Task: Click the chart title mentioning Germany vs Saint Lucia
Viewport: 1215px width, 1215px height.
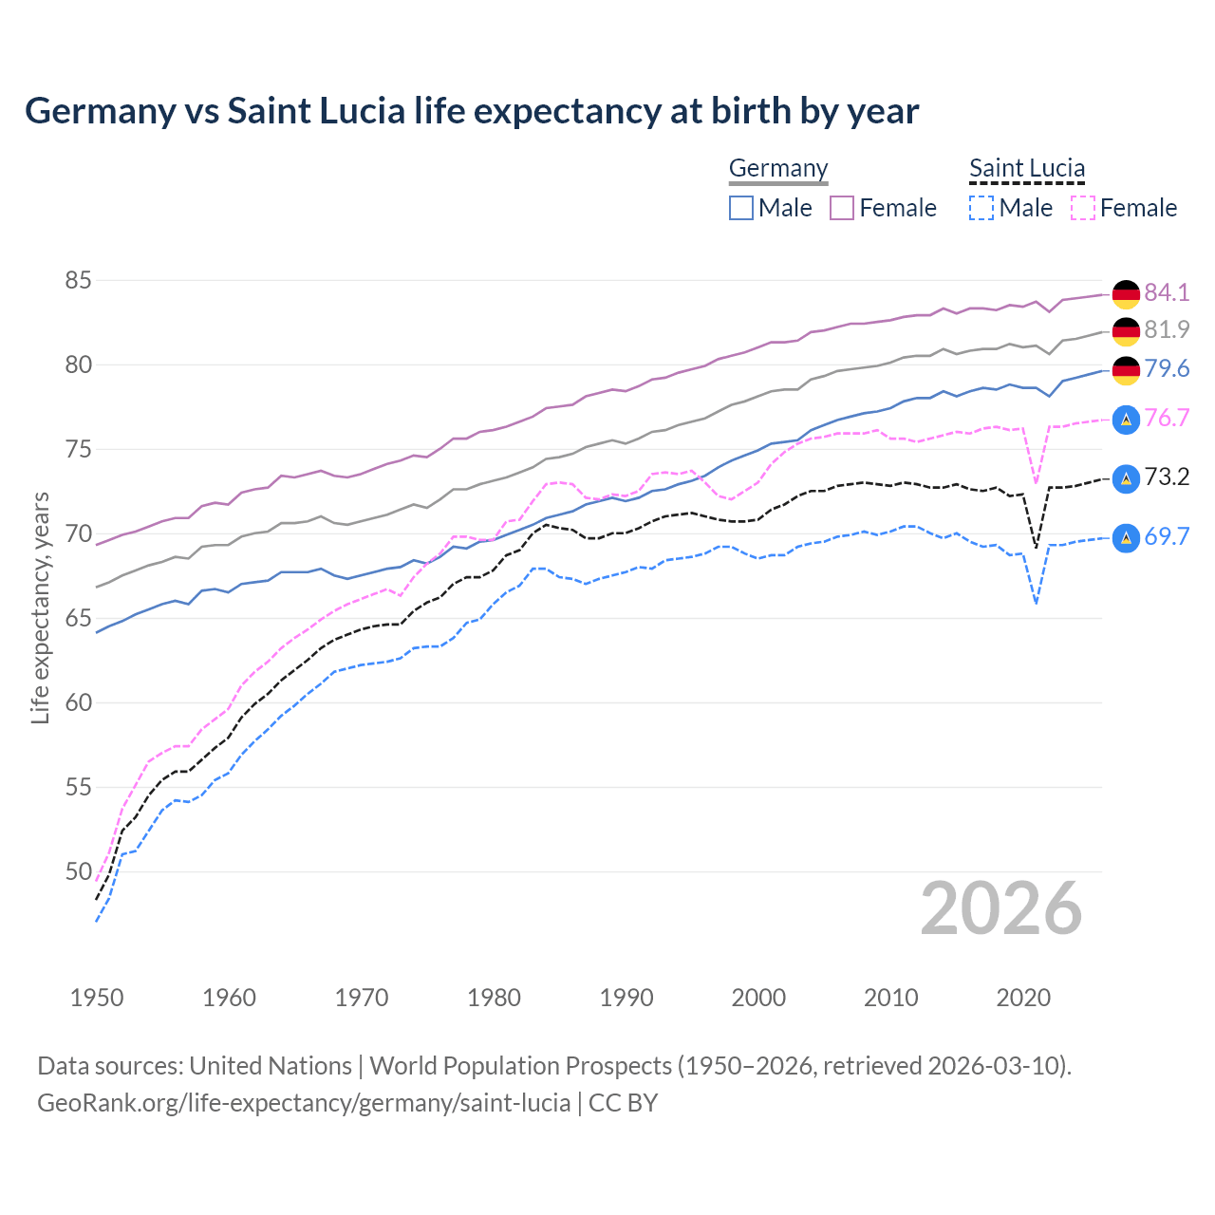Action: click(x=472, y=111)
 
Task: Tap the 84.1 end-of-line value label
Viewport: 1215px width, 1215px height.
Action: click(x=1167, y=292)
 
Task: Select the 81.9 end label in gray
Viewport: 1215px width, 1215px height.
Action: click(x=1167, y=329)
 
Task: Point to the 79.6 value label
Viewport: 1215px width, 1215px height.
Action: click(x=1167, y=368)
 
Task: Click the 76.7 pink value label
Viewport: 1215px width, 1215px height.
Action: click(x=1167, y=418)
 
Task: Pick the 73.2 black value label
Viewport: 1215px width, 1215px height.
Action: click(x=1167, y=477)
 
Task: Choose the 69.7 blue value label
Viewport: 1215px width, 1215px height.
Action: click(x=1167, y=536)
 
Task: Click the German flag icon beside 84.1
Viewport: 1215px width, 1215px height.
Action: click(x=1126, y=294)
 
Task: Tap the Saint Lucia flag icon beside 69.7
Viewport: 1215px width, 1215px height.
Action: click(x=1126, y=537)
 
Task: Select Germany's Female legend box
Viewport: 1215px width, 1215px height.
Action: click(x=842, y=208)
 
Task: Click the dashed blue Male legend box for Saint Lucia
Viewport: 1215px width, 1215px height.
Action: click(x=981, y=208)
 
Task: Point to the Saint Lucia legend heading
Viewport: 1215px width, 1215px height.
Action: click(x=1026, y=168)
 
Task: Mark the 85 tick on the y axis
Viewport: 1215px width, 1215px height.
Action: click(x=78, y=280)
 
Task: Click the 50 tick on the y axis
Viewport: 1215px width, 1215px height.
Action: click(x=78, y=871)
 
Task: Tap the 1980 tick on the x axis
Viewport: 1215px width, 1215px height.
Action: click(x=494, y=998)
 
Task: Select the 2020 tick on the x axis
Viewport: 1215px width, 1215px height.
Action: click(x=1023, y=998)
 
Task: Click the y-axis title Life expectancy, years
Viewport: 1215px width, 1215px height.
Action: click(x=40, y=607)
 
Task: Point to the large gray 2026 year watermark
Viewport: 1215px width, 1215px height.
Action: click(x=1001, y=908)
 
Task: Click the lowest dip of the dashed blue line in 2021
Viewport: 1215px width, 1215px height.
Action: click(x=1037, y=604)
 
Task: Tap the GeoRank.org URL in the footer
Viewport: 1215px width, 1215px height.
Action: click(x=304, y=1103)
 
